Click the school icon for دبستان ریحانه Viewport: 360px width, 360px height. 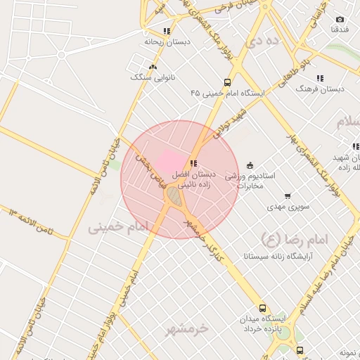coord(167,31)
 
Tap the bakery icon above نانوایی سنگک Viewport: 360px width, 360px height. coord(153,65)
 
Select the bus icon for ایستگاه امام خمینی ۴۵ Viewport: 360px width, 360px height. coord(227,82)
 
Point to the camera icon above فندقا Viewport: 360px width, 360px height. coord(340,19)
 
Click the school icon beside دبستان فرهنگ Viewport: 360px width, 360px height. coord(320,79)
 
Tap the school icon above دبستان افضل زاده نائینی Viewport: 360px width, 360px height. coord(193,163)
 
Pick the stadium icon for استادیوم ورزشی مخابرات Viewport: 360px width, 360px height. coord(250,165)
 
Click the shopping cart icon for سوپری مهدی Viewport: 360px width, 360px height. coord(287,197)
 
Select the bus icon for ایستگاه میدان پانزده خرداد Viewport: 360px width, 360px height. coord(263,309)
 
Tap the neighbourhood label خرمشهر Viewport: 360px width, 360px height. coord(188,328)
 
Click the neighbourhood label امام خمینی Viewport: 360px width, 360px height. coord(120,227)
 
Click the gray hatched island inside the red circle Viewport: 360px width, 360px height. coord(174,197)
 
